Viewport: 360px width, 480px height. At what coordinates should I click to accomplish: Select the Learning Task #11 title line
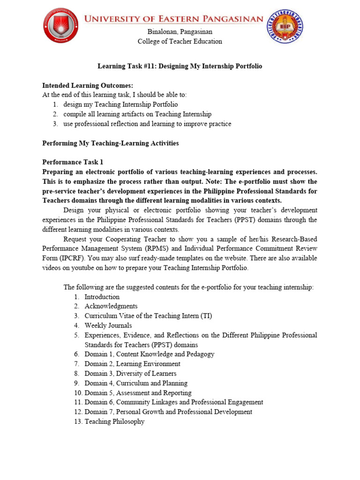pyautogui.click(x=180, y=67)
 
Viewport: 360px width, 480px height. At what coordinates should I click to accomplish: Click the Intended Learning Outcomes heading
pyautogui.click(x=88, y=85)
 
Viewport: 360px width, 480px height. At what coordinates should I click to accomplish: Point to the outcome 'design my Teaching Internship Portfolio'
pyautogui.click(x=121, y=105)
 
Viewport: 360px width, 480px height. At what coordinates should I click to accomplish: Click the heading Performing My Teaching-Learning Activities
pyautogui.click(x=111, y=143)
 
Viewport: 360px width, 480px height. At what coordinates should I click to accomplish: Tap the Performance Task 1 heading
pyautogui.click(x=73, y=162)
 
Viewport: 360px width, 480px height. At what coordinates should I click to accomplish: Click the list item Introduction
pyautogui.click(x=102, y=297)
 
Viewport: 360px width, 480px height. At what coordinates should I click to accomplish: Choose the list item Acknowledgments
pyautogui.click(x=111, y=307)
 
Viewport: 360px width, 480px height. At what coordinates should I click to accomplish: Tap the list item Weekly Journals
pyautogui.click(x=108, y=326)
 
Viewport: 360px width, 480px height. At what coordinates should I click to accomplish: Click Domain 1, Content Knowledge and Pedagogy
pyautogui.click(x=149, y=354)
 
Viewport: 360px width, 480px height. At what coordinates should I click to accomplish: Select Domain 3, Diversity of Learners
pyautogui.click(x=130, y=374)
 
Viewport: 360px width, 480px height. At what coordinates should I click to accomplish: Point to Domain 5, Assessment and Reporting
pyautogui.click(x=138, y=393)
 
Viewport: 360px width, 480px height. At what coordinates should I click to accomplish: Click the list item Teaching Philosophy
pyautogui.click(x=114, y=422)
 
